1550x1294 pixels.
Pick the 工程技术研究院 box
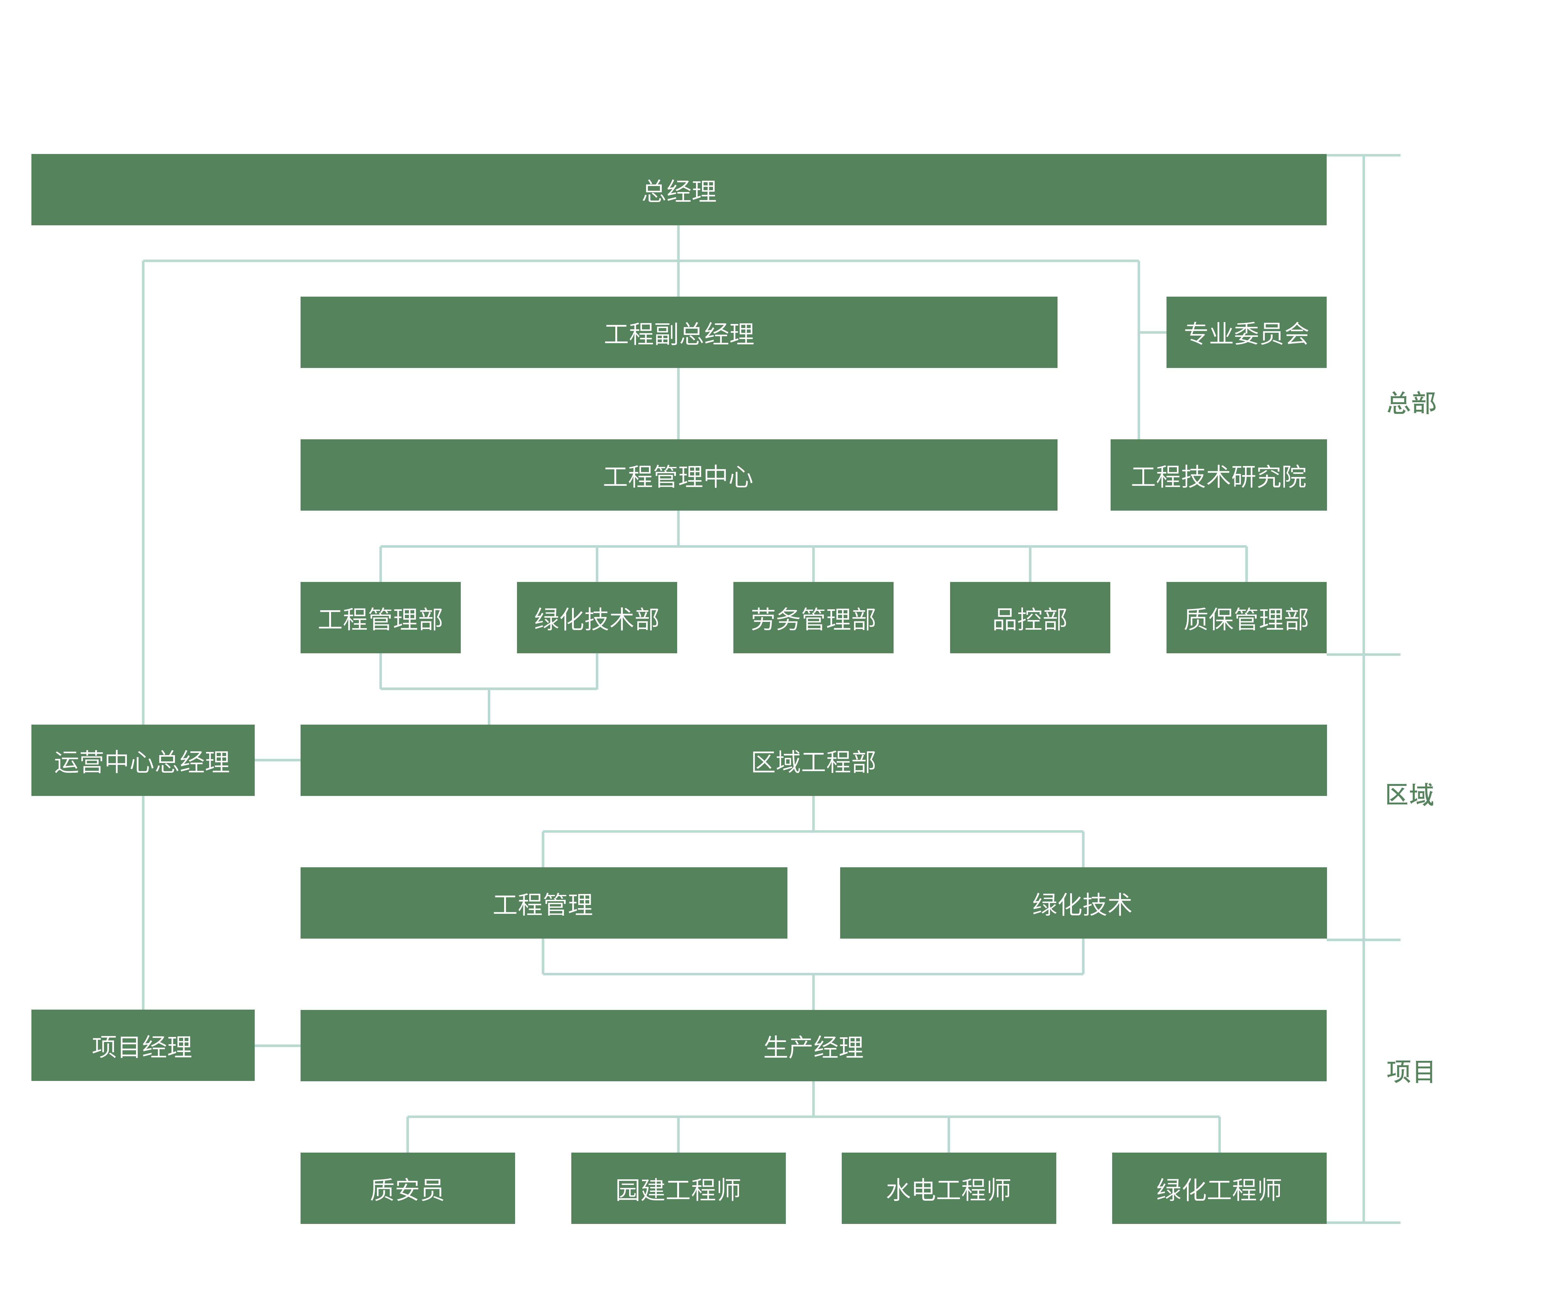(1218, 475)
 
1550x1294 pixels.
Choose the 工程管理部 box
(380, 617)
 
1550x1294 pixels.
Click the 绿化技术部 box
(596, 617)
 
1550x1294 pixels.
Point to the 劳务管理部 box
(813, 617)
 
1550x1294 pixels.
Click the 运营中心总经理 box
(143, 760)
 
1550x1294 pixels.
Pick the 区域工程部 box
(813, 760)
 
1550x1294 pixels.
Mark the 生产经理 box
(813, 1045)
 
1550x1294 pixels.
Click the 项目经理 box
(143, 1045)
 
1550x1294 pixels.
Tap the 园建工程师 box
(677, 1188)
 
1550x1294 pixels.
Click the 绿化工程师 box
(1219, 1188)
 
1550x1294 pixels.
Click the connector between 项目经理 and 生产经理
(278, 1045)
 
